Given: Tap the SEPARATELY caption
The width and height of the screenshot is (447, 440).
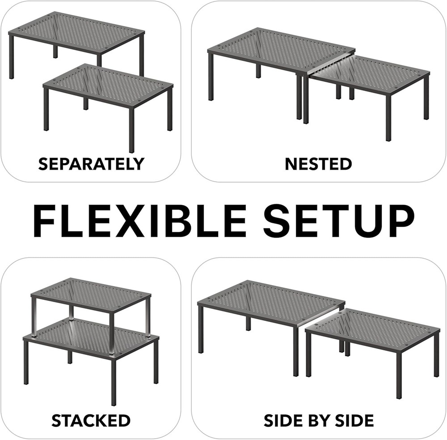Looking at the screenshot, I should [x=91, y=164].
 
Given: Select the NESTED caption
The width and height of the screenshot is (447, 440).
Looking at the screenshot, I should [x=318, y=164].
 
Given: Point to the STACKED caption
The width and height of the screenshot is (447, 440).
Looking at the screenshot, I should [x=91, y=420].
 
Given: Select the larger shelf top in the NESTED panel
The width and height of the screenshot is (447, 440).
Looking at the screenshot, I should [x=282, y=50].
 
